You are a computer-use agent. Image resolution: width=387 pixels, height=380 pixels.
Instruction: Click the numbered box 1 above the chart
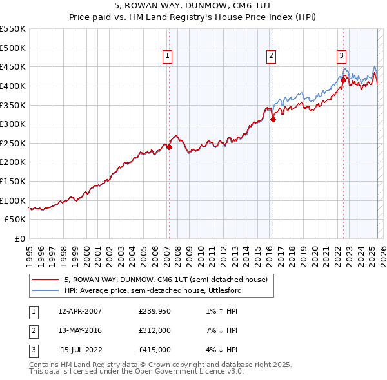[x=168, y=57]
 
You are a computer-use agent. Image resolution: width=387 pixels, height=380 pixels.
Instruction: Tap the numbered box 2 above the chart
[x=272, y=57]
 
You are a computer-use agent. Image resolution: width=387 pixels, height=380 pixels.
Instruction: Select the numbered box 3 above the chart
[x=341, y=57]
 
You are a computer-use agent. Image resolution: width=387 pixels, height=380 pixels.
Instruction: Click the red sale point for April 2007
[x=169, y=147]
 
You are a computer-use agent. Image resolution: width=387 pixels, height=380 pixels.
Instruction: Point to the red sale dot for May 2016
[x=273, y=119]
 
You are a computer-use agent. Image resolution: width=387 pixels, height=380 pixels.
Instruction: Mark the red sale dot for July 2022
[x=343, y=80]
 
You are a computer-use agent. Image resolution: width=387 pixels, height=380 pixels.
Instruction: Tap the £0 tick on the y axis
[x=19, y=238]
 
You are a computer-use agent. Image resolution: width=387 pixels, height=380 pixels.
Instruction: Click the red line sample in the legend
[x=45, y=280]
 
